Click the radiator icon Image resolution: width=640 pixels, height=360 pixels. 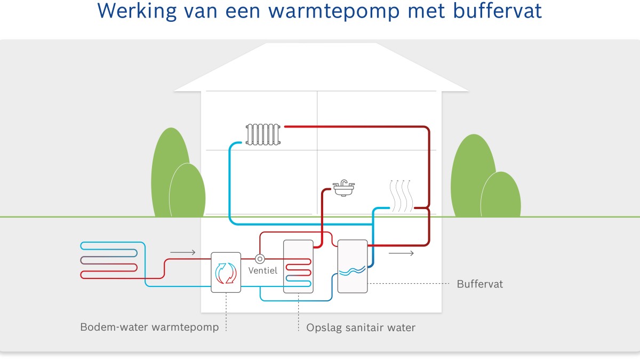[262, 134]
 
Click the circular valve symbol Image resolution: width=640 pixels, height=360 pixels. [260, 259]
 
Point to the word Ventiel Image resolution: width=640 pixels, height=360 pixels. [263, 270]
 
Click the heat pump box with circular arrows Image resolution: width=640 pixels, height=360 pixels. [226, 272]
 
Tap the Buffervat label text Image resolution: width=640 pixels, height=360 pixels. [479, 284]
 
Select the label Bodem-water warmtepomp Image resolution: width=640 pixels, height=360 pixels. [149, 327]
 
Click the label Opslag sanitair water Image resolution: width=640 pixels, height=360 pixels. [361, 327]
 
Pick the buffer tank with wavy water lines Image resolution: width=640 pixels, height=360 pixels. [353, 266]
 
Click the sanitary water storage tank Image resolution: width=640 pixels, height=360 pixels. [298, 266]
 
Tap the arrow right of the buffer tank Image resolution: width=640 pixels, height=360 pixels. [401, 253]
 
